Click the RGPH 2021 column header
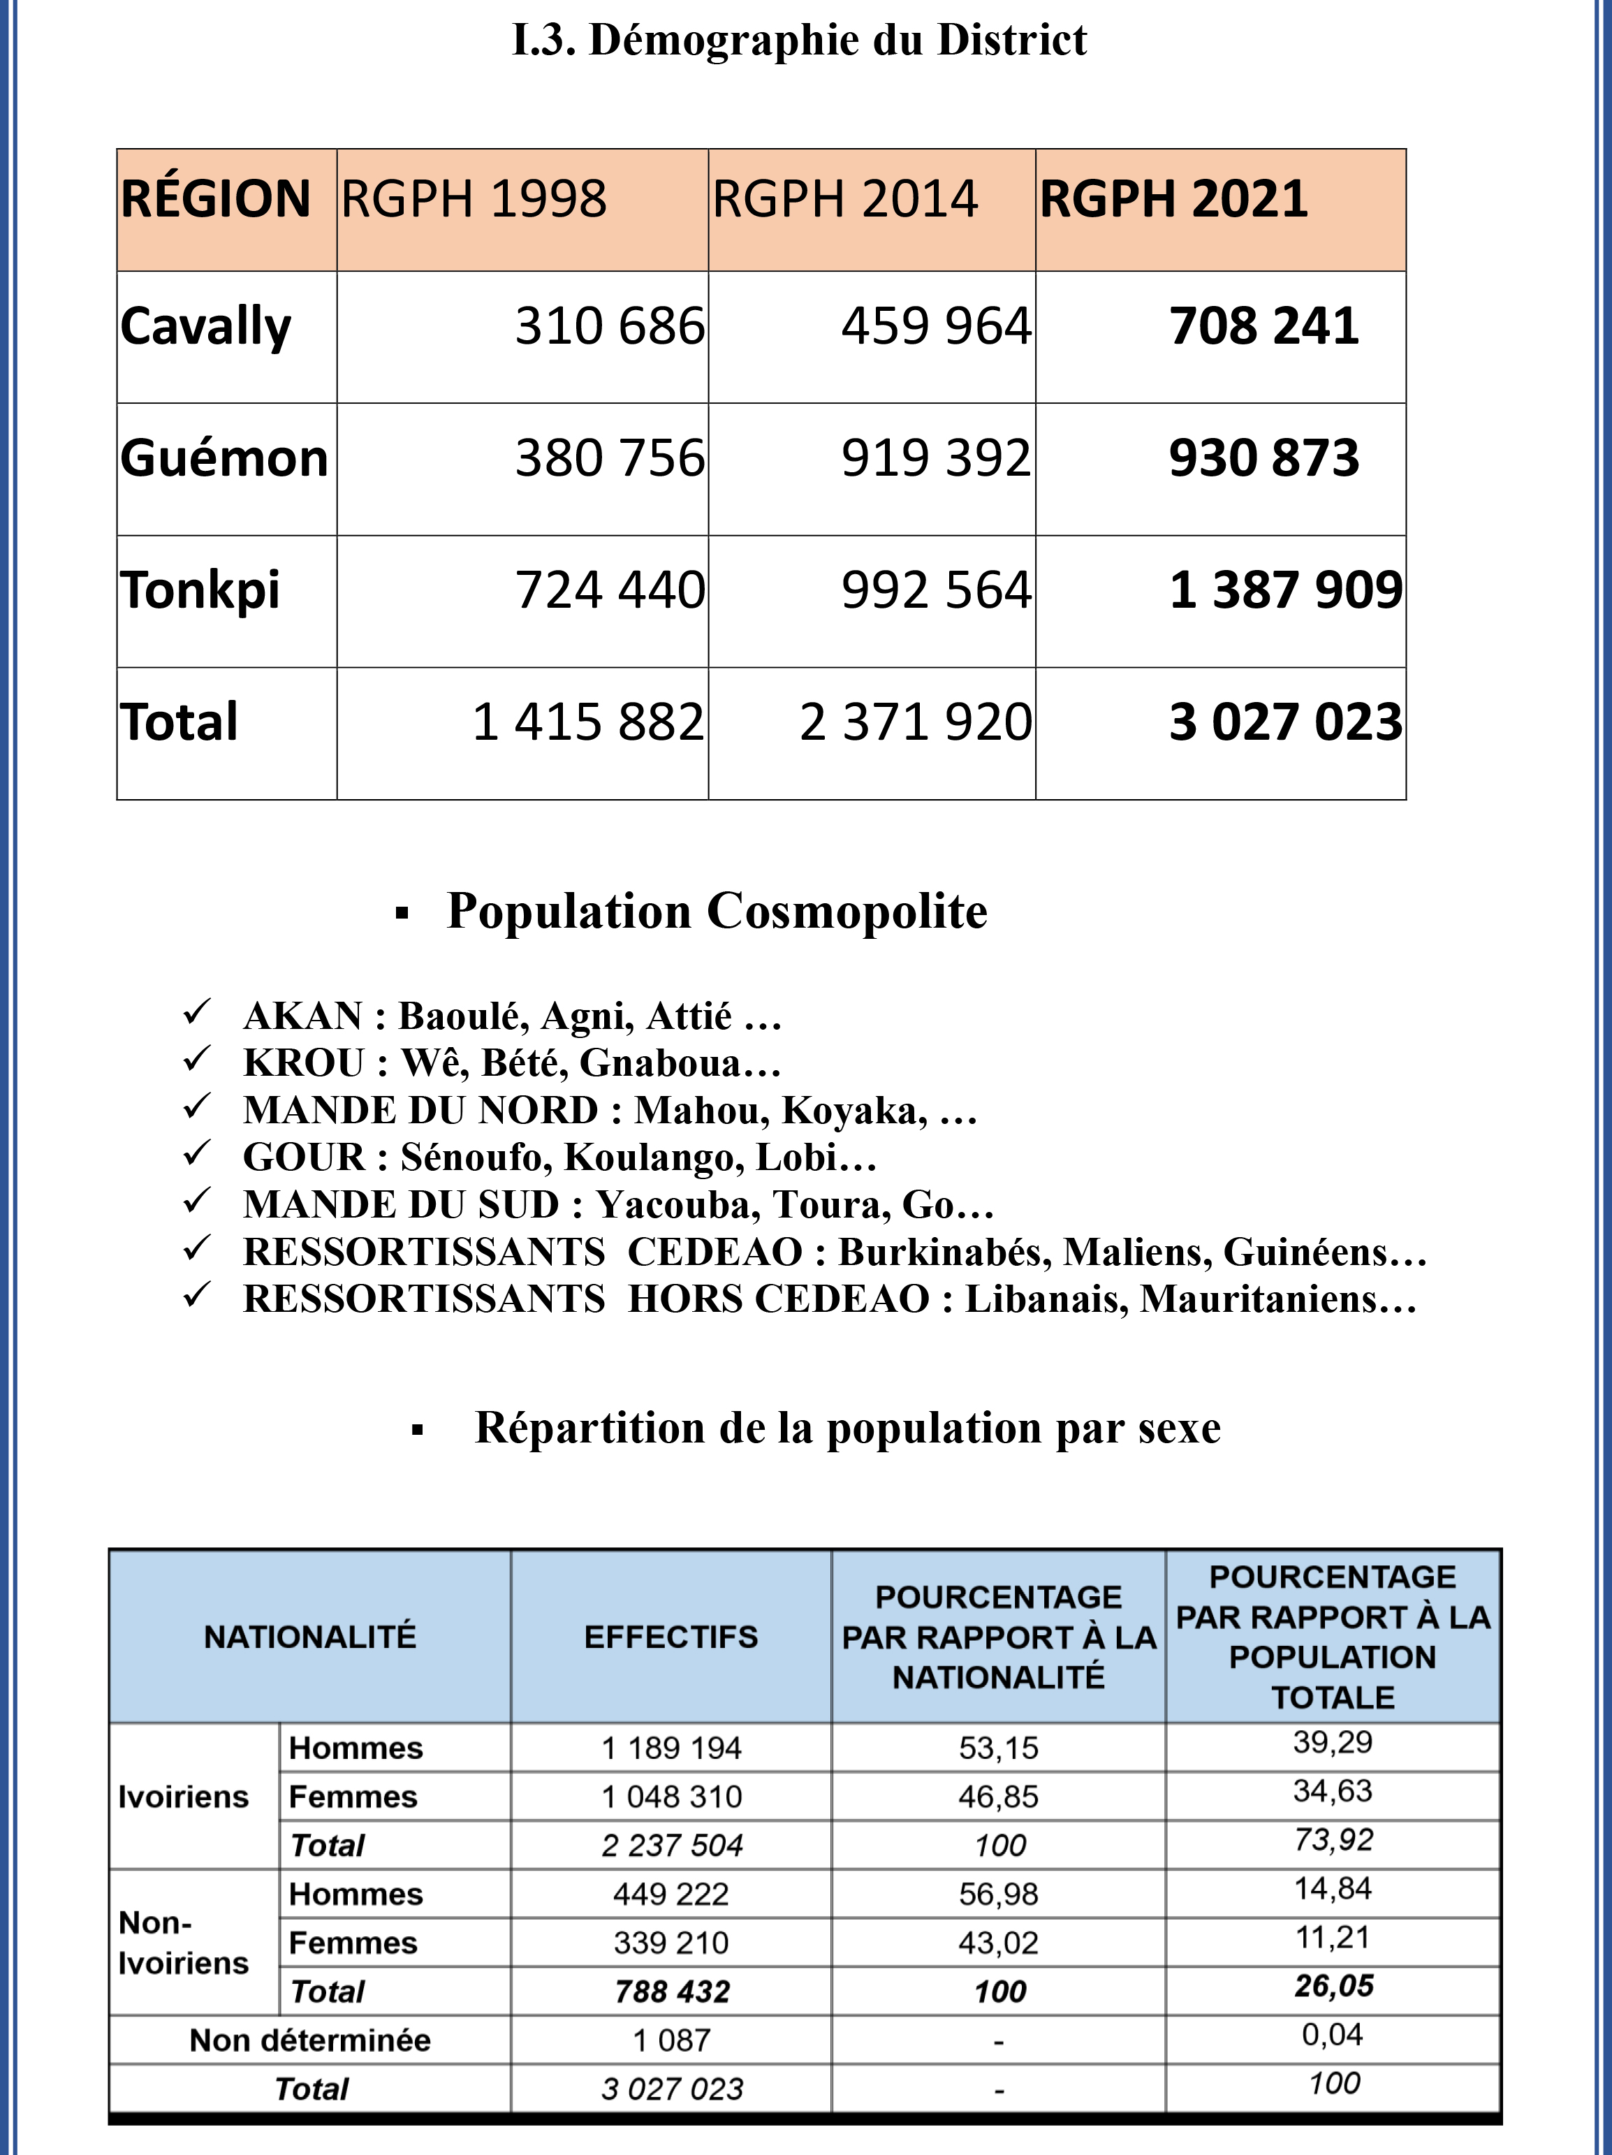click(x=1173, y=199)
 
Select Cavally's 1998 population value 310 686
click(x=609, y=326)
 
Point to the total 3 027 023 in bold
click(x=1284, y=723)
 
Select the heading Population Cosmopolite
click(x=716, y=912)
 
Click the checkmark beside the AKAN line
click(x=198, y=1012)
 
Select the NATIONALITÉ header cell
click(x=309, y=1637)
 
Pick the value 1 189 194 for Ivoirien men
click(x=671, y=1748)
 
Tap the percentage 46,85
click(x=998, y=1797)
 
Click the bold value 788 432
click(x=671, y=1992)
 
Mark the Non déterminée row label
click(x=309, y=2040)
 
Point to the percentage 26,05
click(x=1333, y=1985)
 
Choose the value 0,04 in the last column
click(x=1333, y=2034)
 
